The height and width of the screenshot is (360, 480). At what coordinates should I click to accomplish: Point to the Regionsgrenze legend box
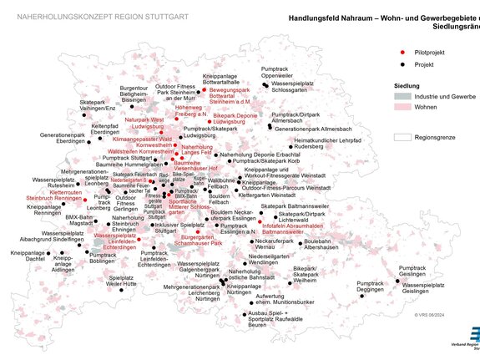pyautogui.click(x=404, y=135)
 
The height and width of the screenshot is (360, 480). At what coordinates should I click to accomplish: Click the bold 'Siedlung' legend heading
pyautogui.click(x=407, y=86)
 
